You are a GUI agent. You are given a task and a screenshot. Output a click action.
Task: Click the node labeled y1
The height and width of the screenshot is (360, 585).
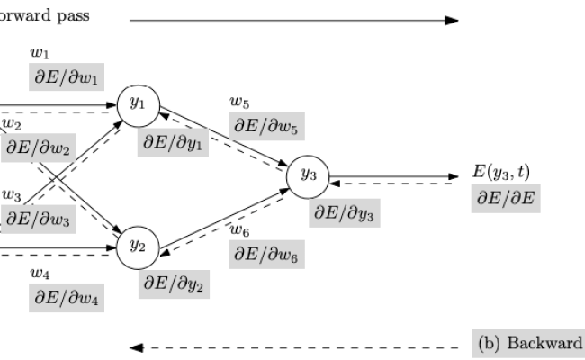point(137,103)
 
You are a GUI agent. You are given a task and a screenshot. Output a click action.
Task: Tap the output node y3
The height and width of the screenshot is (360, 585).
point(308,175)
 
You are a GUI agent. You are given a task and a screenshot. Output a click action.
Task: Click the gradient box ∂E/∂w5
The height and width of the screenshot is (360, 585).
point(267,125)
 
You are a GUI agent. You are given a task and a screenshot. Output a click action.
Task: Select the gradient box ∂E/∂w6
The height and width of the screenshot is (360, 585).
point(267,255)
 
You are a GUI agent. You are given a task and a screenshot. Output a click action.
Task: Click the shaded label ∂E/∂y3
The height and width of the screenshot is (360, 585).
point(344,213)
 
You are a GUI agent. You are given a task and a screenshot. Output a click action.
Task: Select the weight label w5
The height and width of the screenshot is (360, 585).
point(238,102)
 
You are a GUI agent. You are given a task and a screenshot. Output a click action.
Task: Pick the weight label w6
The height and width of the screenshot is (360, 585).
point(238,230)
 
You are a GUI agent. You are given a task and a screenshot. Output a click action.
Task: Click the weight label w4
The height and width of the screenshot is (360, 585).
point(39,273)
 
